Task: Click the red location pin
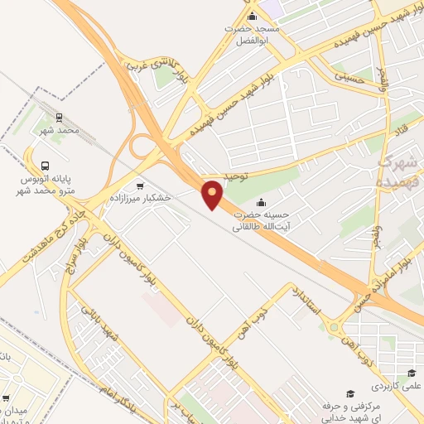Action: pos(213,194)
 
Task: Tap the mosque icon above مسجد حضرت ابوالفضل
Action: pos(252,17)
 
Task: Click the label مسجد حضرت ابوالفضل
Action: pos(254,34)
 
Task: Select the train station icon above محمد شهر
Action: pos(59,118)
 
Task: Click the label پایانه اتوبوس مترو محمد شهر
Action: pos(47,185)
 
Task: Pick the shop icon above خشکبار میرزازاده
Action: pos(139,186)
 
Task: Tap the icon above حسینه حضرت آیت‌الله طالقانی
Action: pos(262,203)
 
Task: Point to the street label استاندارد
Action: pos(311,303)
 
